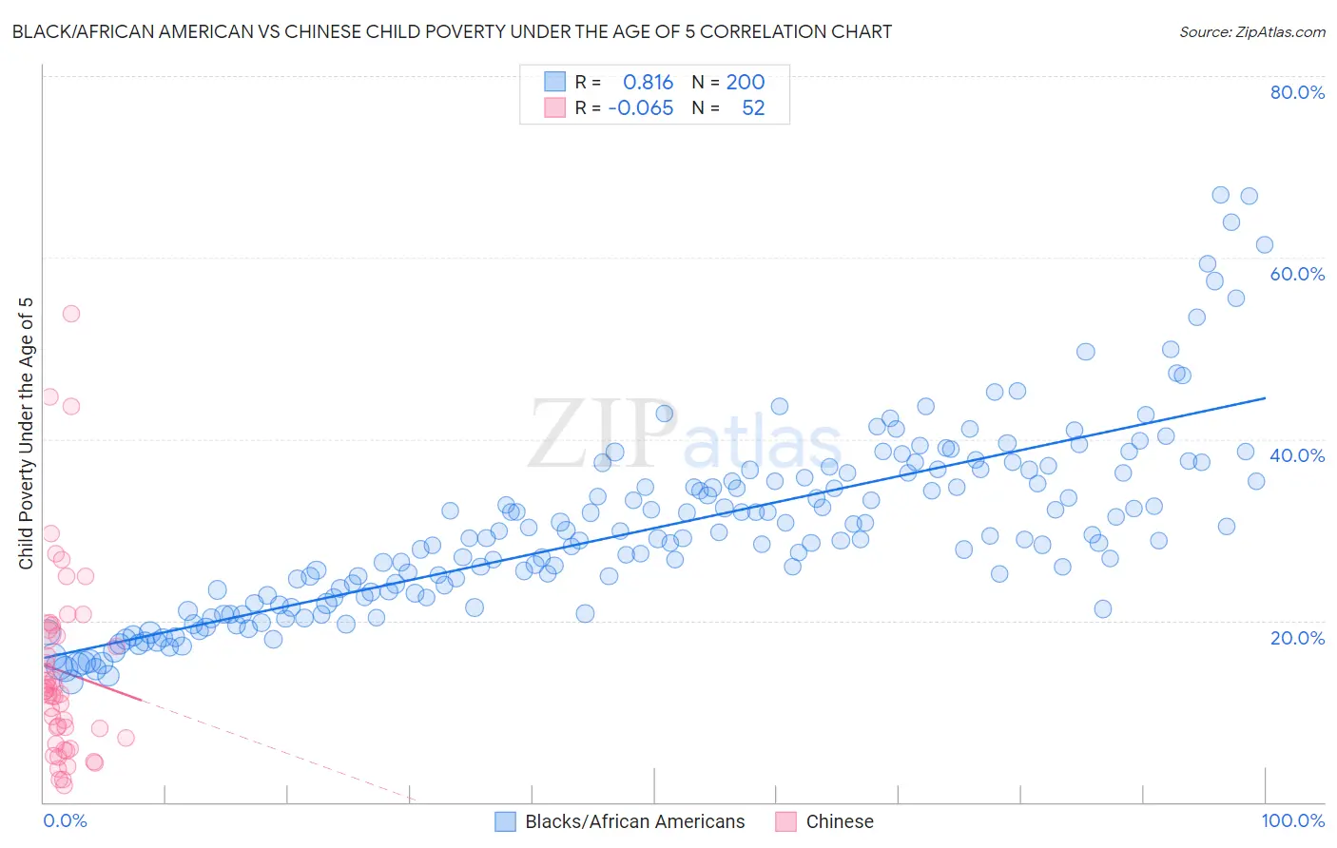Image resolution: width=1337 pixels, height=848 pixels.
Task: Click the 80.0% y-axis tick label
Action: click(1297, 92)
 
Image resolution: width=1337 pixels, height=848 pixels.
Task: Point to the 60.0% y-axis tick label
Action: click(1297, 274)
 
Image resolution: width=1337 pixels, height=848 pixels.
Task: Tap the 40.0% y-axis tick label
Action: click(1297, 455)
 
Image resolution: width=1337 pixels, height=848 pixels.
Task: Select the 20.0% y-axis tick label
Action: click(1297, 637)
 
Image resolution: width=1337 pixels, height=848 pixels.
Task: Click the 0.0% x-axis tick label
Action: click(65, 820)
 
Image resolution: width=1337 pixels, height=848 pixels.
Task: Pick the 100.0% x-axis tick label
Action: click(1292, 820)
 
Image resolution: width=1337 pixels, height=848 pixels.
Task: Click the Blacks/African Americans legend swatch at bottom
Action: click(506, 821)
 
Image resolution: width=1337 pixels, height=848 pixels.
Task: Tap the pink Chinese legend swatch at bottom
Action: click(785, 821)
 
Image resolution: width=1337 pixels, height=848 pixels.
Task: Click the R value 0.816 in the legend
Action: click(648, 83)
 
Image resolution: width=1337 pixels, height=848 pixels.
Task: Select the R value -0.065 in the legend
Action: click(640, 108)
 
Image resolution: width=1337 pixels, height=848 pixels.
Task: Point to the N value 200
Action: click(746, 83)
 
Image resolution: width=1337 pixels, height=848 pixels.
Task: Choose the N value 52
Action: click(753, 108)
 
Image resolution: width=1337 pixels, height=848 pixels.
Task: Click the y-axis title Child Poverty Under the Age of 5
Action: click(26, 434)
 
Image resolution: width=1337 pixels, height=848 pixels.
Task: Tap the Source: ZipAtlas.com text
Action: click(1251, 32)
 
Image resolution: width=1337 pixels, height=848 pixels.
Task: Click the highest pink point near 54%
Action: click(70, 314)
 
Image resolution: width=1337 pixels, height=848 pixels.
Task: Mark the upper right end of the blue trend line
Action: click(1265, 398)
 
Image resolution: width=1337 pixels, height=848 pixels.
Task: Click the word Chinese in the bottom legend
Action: click(839, 821)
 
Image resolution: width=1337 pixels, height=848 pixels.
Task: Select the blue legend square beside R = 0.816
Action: click(554, 83)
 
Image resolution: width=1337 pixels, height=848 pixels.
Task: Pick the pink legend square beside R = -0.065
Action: click(554, 108)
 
